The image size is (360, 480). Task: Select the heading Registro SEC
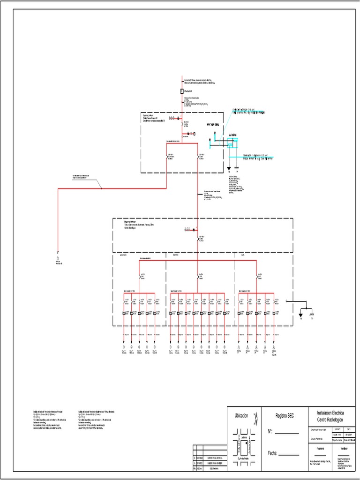[283, 416]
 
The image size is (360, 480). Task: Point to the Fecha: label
[274, 453]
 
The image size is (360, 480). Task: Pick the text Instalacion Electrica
[331, 413]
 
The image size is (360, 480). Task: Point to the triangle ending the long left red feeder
[58, 258]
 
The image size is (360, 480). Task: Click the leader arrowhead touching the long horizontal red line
[102, 188]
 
